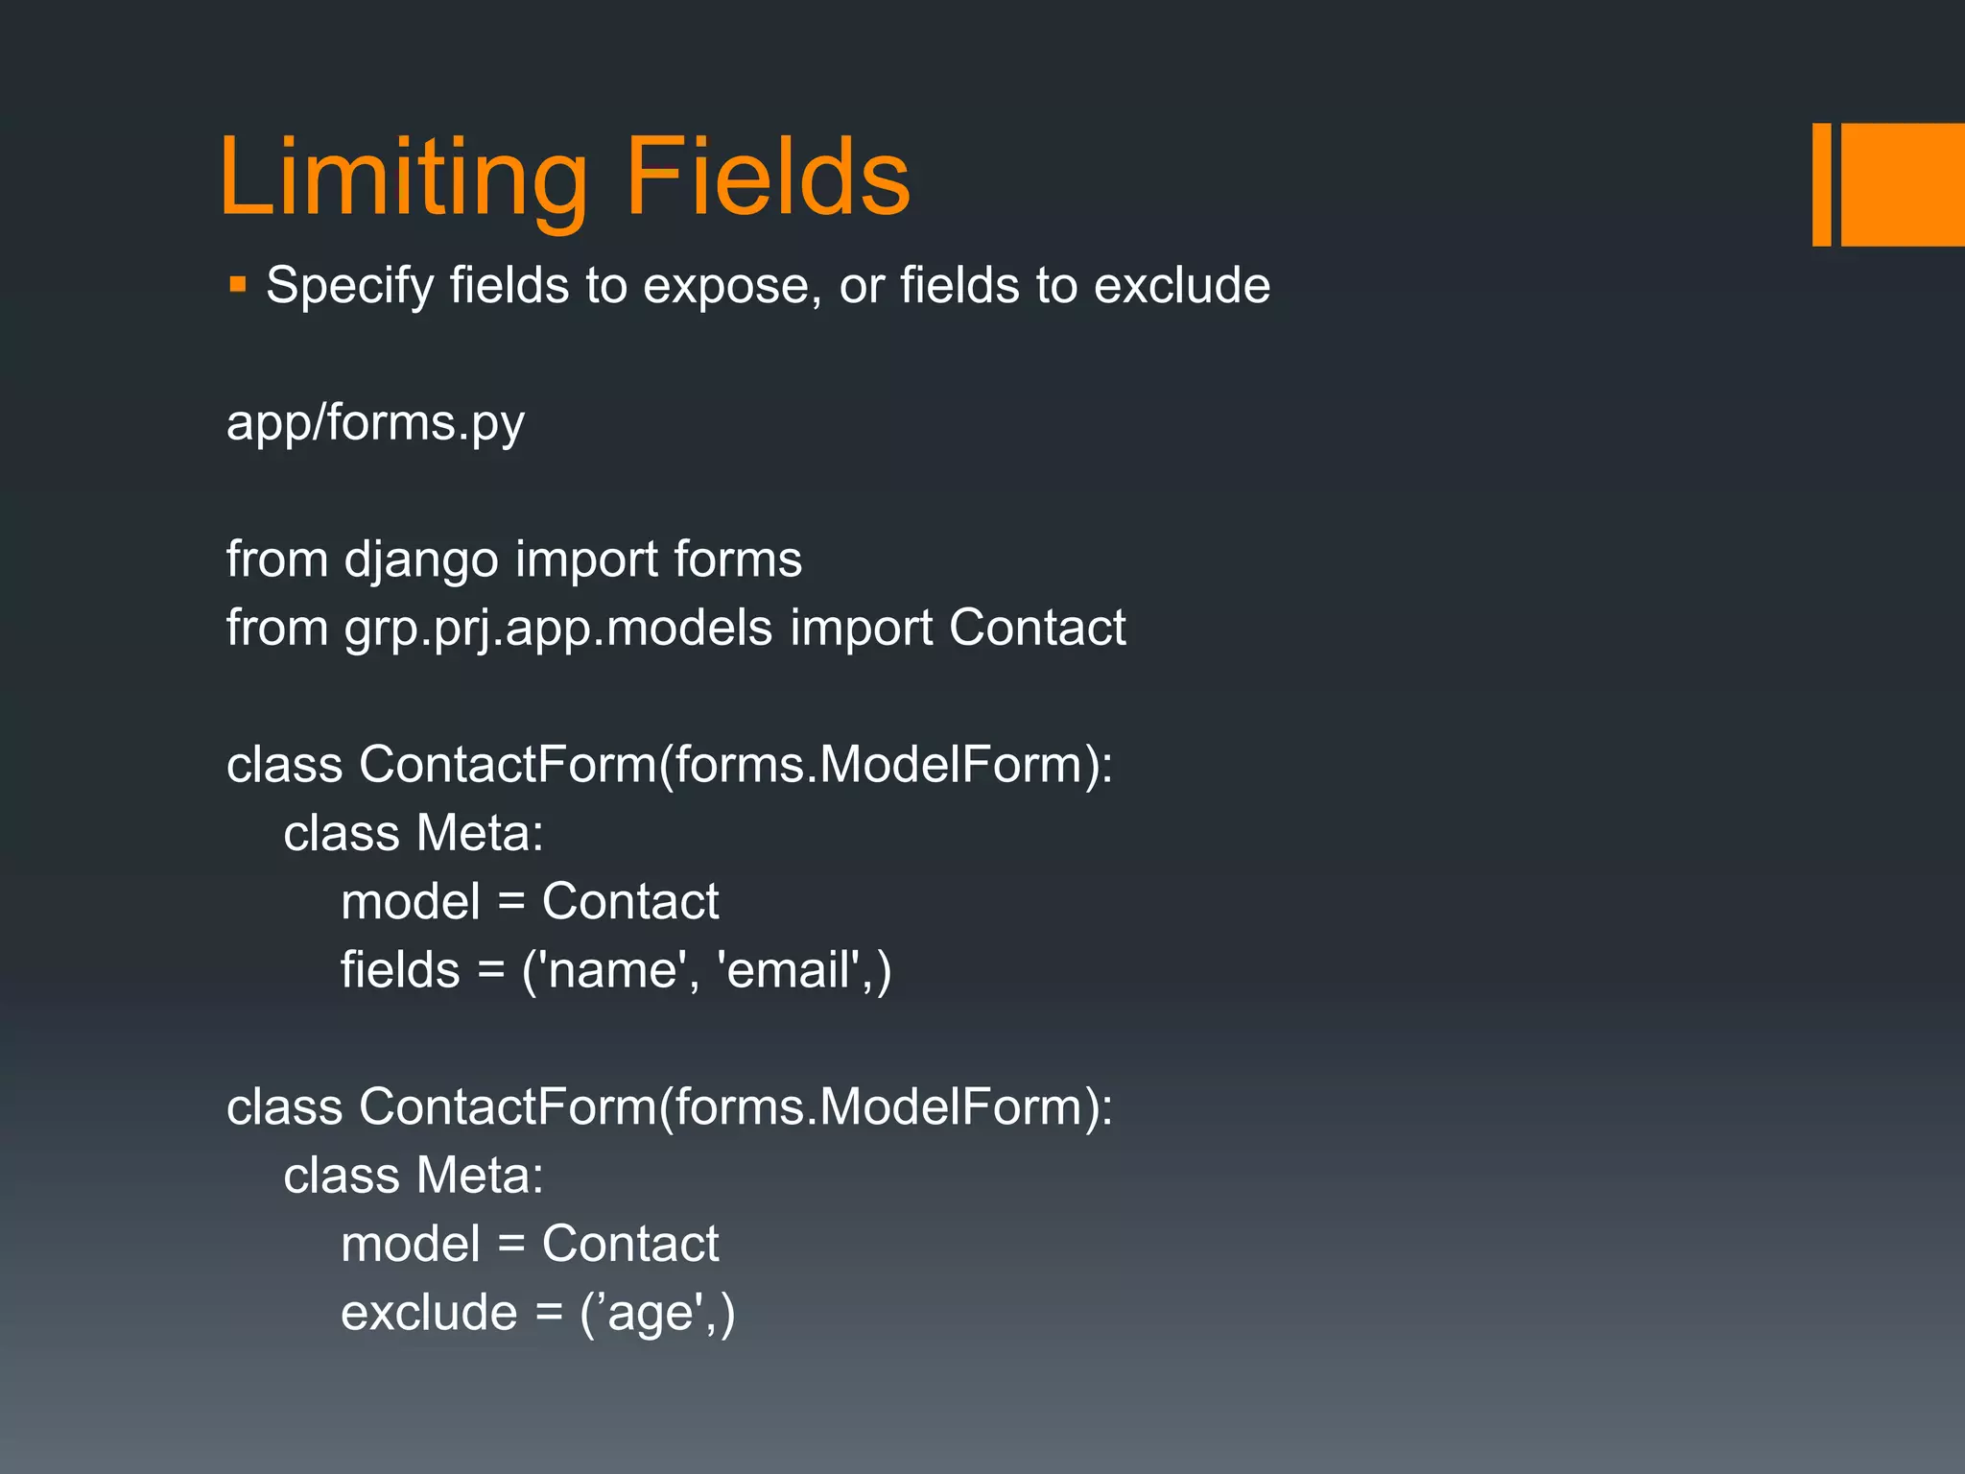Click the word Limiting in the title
point(403,178)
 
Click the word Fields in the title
point(768,178)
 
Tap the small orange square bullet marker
point(238,285)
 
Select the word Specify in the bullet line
point(349,286)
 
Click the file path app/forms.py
point(375,423)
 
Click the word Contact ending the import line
point(1036,628)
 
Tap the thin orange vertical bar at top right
point(1821,184)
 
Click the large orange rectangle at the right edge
point(1903,184)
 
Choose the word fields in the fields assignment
point(400,970)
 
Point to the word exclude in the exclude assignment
point(429,1313)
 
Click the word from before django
point(277,559)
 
